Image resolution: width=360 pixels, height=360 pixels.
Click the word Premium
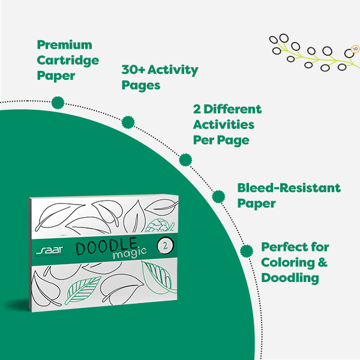(65, 46)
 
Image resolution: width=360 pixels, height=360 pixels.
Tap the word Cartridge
(68, 61)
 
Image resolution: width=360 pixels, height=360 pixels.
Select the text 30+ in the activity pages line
(133, 70)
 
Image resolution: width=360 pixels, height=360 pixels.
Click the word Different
(232, 109)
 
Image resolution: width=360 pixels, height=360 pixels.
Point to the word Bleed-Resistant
(289, 188)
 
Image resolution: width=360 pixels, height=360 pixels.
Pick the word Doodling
(290, 278)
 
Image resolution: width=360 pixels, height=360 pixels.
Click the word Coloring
(288, 263)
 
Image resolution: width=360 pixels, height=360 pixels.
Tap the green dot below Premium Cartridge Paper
(58, 103)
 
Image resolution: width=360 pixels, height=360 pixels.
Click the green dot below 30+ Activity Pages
(128, 122)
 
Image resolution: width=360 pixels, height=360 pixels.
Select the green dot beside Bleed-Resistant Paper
(218, 197)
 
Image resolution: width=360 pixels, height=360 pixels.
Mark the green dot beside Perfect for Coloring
(247, 251)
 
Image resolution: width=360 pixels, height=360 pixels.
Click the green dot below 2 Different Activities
(185, 160)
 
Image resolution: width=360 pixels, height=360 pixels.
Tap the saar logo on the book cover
(50, 251)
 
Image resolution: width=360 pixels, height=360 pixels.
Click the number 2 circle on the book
(165, 246)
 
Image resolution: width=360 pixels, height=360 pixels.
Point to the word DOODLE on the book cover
(107, 246)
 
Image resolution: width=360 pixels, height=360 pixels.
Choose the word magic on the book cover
(129, 253)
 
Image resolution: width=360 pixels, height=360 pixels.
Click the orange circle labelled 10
(355, 49)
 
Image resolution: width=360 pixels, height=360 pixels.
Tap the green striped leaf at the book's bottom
(83, 290)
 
